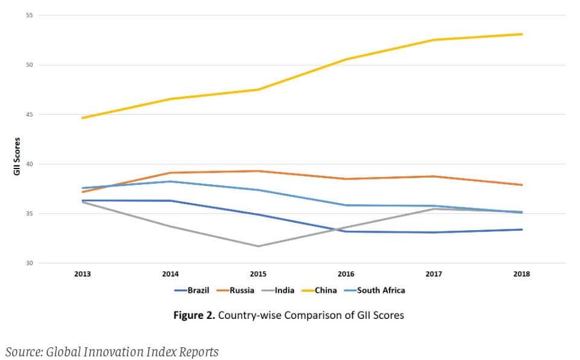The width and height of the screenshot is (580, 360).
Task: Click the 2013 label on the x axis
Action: click(x=83, y=274)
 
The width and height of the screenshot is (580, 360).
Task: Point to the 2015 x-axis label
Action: click(x=258, y=274)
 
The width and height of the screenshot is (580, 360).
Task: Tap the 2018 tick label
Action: click(x=521, y=274)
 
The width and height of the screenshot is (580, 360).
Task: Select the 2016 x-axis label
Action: click(x=346, y=274)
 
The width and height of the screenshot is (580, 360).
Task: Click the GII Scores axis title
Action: click(x=17, y=156)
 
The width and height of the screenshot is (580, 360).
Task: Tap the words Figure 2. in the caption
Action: click(x=193, y=315)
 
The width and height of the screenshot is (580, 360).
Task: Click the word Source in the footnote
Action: click(x=23, y=352)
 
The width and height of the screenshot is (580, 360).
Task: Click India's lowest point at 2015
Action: click(x=258, y=246)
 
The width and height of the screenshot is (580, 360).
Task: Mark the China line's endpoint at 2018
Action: click(x=522, y=34)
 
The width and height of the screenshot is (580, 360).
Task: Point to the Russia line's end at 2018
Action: click(x=522, y=185)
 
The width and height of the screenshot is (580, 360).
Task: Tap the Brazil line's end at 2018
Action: click(x=522, y=230)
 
